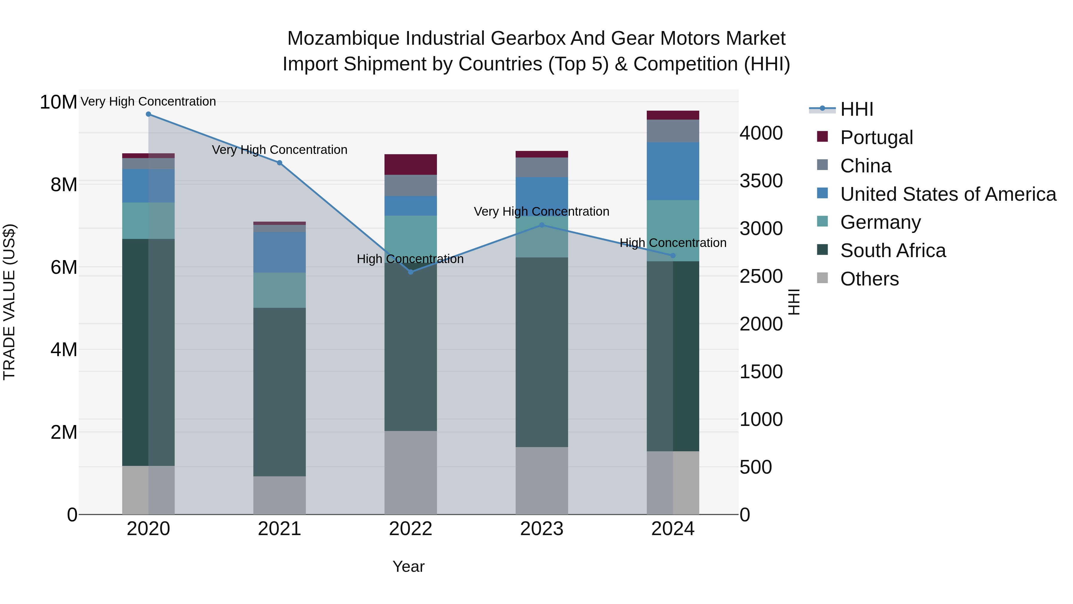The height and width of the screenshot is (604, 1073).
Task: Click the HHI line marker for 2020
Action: click(148, 114)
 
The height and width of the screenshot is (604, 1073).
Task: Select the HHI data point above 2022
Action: click(410, 272)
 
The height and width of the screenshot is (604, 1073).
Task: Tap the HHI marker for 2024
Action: click(673, 256)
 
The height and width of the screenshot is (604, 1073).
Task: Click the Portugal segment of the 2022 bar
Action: click(410, 164)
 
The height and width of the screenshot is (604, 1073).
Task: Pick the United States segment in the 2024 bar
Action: click(673, 171)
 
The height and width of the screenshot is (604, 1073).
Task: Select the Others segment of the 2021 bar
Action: click(280, 495)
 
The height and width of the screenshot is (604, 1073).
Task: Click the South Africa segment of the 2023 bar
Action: click(542, 352)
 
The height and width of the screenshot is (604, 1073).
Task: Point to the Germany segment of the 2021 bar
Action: click(280, 290)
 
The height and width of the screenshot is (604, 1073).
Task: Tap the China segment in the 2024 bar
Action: click(673, 131)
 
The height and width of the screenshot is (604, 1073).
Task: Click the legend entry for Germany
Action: click(880, 222)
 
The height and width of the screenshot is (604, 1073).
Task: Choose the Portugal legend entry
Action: click(876, 138)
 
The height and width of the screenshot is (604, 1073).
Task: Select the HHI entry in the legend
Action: click(856, 109)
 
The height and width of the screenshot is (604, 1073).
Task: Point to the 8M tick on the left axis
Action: click(64, 185)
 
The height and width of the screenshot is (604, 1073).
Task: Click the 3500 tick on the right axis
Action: click(761, 181)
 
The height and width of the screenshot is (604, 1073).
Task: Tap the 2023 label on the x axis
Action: click(542, 529)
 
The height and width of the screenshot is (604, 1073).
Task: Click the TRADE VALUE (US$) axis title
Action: click(9, 302)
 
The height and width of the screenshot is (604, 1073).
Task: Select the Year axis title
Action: click(408, 566)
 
